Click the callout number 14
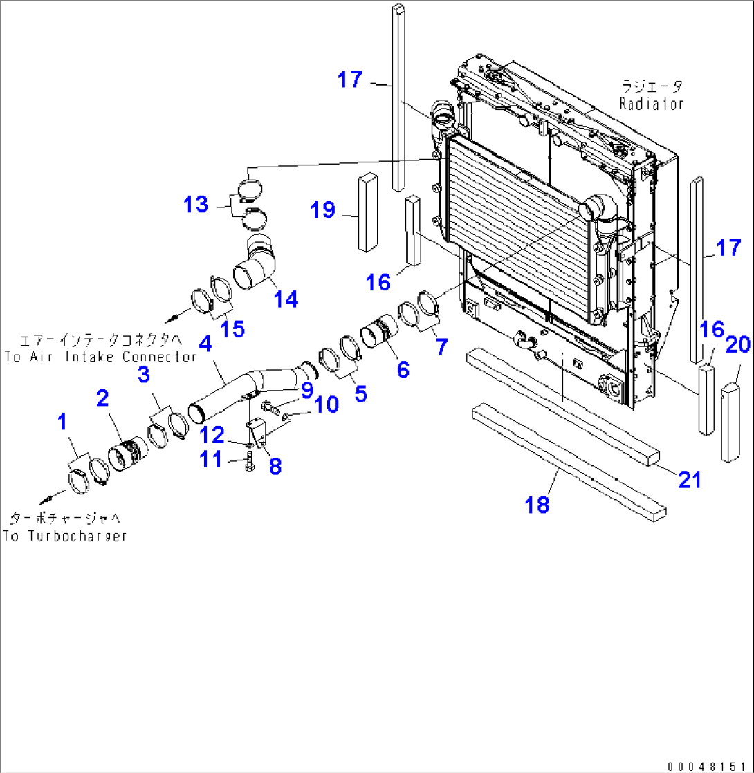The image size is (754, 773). coord(285,299)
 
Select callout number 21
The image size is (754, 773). coord(690,479)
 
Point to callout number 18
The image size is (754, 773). coord(537,504)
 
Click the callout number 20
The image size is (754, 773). coord(738,344)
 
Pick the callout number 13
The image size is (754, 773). coord(196,205)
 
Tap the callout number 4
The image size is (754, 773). coord(205,344)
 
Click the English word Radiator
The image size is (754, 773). coord(651,104)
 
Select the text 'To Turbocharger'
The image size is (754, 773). coord(64,536)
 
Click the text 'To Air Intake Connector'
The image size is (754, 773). coord(100,357)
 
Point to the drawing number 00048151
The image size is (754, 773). coord(708,766)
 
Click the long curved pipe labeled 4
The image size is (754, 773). coord(242,391)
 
